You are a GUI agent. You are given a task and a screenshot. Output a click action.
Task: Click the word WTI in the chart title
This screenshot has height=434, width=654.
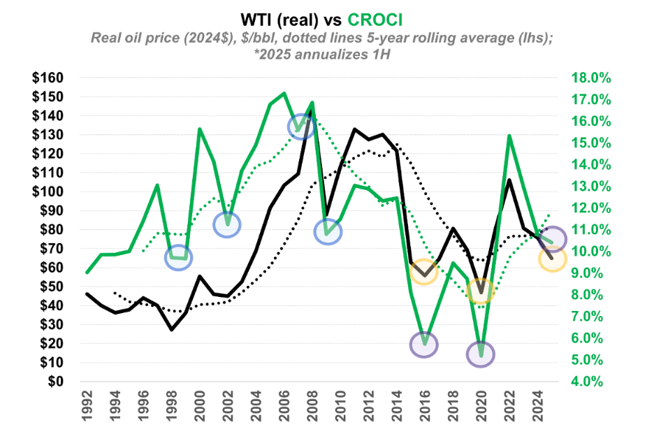[x=261, y=17]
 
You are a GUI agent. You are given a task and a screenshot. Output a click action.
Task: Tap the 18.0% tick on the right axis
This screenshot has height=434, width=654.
[x=592, y=78]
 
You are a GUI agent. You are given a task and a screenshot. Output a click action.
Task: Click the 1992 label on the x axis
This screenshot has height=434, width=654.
[x=87, y=407]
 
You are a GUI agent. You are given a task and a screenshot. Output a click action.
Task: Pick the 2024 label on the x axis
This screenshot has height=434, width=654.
[x=537, y=407]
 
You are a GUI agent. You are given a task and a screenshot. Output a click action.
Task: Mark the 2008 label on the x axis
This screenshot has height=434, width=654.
[x=312, y=407]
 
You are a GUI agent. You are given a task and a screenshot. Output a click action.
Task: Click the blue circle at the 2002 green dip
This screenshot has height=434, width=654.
[x=227, y=224]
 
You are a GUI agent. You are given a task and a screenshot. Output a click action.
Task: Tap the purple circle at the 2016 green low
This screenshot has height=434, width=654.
[x=424, y=344]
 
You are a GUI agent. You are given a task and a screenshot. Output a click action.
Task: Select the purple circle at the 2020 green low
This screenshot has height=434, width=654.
[x=481, y=354]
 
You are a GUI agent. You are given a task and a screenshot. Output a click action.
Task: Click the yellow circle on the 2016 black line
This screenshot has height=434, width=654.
[x=424, y=271]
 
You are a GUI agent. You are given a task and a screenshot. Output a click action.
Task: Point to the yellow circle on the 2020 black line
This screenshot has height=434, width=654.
[x=481, y=290]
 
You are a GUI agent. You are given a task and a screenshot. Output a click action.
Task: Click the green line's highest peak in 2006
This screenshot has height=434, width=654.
[x=284, y=93]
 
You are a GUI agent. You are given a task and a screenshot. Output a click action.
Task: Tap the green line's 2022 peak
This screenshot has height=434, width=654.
[x=509, y=136]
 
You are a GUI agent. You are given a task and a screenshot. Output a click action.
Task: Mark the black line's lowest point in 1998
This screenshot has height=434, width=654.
[x=171, y=329]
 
